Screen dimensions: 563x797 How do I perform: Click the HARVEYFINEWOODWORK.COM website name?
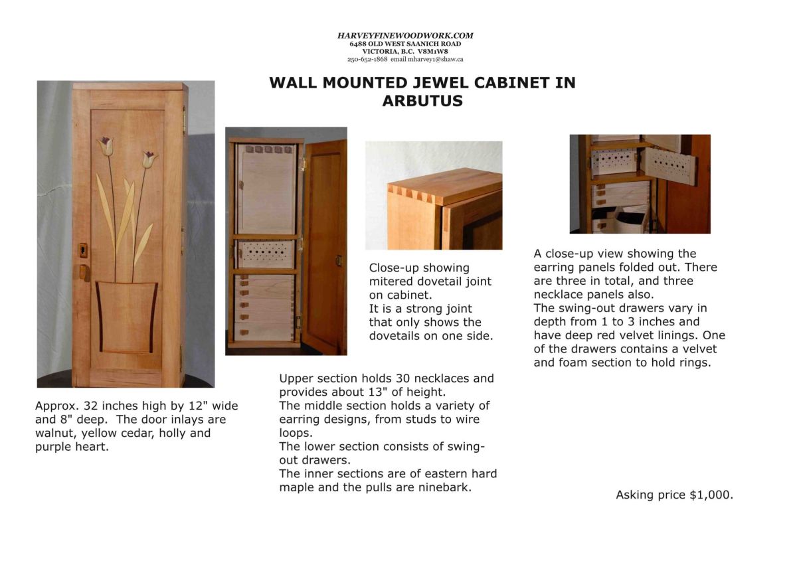[x=405, y=36]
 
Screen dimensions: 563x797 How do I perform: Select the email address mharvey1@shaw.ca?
[x=435, y=59]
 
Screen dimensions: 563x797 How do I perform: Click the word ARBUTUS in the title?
[x=422, y=102]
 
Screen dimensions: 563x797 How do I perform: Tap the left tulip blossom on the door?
[x=105, y=145]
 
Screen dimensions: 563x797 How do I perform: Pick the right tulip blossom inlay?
[x=148, y=159]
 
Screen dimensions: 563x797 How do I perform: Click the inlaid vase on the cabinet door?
[x=126, y=315]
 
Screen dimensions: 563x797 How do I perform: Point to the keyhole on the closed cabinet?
[x=82, y=250]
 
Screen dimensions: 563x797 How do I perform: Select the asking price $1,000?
[x=711, y=495]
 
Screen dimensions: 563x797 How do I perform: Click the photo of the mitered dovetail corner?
[x=434, y=195]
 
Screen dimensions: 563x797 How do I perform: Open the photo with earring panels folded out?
[x=640, y=184]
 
